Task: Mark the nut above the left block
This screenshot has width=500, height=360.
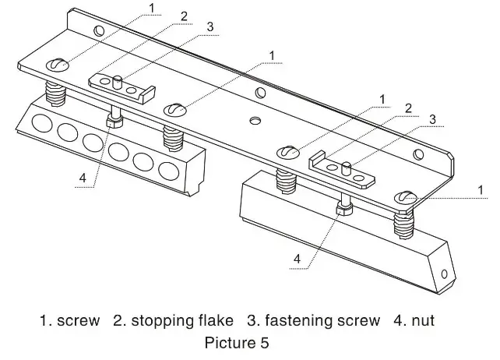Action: pyautogui.click(x=114, y=122)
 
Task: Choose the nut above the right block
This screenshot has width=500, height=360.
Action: pyautogui.click(x=343, y=209)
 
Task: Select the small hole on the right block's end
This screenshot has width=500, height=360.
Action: pyautogui.click(x=444, y=274)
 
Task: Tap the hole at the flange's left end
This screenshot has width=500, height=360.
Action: pyautogui.click(x=97, y=31)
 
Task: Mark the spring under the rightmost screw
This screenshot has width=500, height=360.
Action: pyautogui.click(x=403, y=225)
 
